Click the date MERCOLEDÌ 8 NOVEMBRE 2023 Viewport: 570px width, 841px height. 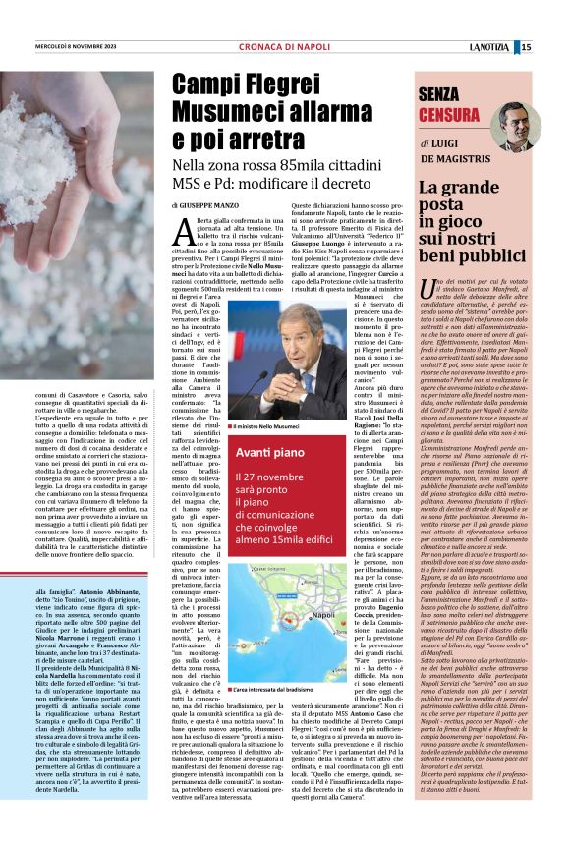pyautogui.click(x=76, y=47)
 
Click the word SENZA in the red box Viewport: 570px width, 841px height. pyautogui.click(x=444, y=94)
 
